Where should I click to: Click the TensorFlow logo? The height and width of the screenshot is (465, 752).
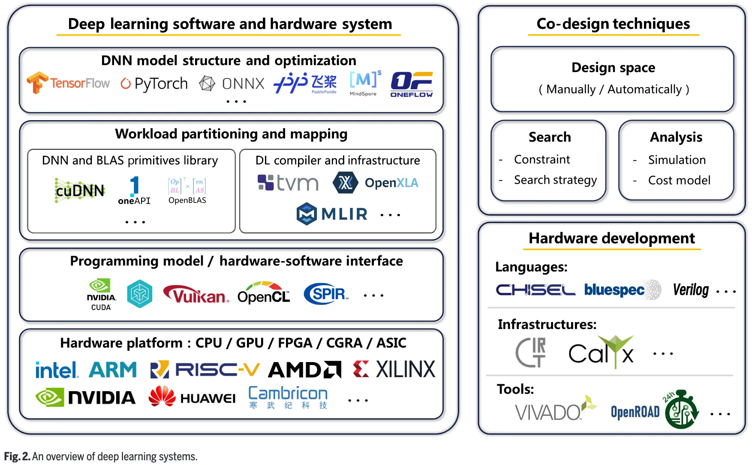(69, 83)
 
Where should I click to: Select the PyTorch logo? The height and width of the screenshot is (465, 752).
(154, 83)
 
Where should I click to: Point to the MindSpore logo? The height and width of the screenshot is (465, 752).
(364, 83)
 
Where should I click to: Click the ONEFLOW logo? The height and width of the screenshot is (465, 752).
(411, 85)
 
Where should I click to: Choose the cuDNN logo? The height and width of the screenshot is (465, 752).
(80, 190)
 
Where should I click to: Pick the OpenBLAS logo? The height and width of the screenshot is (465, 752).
(187, 190)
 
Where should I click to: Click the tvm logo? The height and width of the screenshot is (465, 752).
(288, 183)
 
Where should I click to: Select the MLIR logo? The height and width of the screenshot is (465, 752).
(332, 214)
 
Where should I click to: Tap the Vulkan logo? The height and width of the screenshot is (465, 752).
(196, 294)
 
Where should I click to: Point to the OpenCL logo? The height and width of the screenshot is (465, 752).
(264, 293)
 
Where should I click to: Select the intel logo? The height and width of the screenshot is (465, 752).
(57, 370)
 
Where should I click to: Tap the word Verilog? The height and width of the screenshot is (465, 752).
(691, 290)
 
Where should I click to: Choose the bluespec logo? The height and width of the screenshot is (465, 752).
(614, 290)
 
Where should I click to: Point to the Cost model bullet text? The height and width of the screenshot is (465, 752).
(679, 180)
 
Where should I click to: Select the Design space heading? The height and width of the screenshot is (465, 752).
(613, 68)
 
